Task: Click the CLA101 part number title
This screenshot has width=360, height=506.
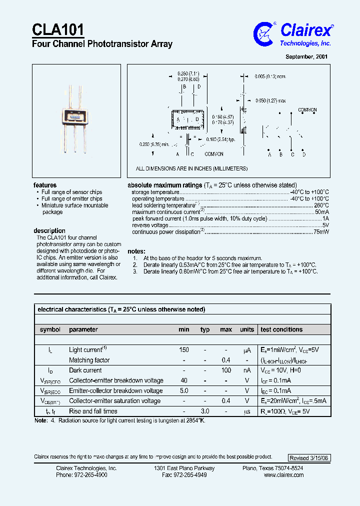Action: [58, 29]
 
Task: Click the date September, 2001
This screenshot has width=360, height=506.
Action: [306, 57]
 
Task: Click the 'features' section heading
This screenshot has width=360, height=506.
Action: [45, 185]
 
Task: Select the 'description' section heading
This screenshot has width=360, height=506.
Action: [49, 230]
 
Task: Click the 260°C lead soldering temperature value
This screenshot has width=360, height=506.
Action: [321, 205]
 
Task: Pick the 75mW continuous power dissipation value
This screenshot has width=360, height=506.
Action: [321, 232]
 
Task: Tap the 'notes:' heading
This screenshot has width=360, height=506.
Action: [136, 251]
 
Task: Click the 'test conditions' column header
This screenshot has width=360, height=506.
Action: [281, 329]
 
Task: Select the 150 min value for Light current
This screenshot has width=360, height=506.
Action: [183, 350]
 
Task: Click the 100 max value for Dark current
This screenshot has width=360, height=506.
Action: [226, 370]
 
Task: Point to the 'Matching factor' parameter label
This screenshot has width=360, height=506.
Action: [89, 360]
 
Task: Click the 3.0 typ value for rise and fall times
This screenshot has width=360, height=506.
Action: [204, 411]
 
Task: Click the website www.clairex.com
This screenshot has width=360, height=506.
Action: [283, 475]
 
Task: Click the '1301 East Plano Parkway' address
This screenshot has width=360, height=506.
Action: [184, 468]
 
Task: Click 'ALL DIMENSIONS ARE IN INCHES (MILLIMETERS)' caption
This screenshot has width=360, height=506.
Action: [191, 169]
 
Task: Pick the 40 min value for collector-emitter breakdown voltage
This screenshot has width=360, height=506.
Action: [183, 380]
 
